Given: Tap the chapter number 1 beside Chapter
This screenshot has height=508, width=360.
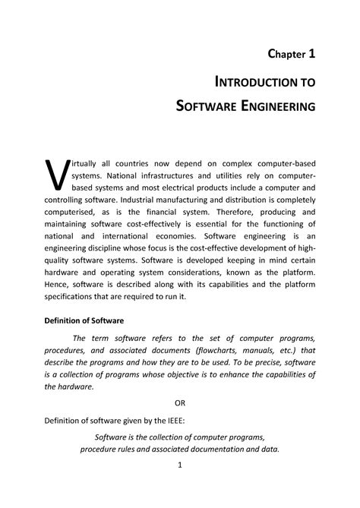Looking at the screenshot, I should point(311,54).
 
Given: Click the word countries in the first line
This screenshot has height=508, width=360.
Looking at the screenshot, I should point(137,166).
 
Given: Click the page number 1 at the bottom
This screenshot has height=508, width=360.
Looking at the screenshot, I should point(180,464).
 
